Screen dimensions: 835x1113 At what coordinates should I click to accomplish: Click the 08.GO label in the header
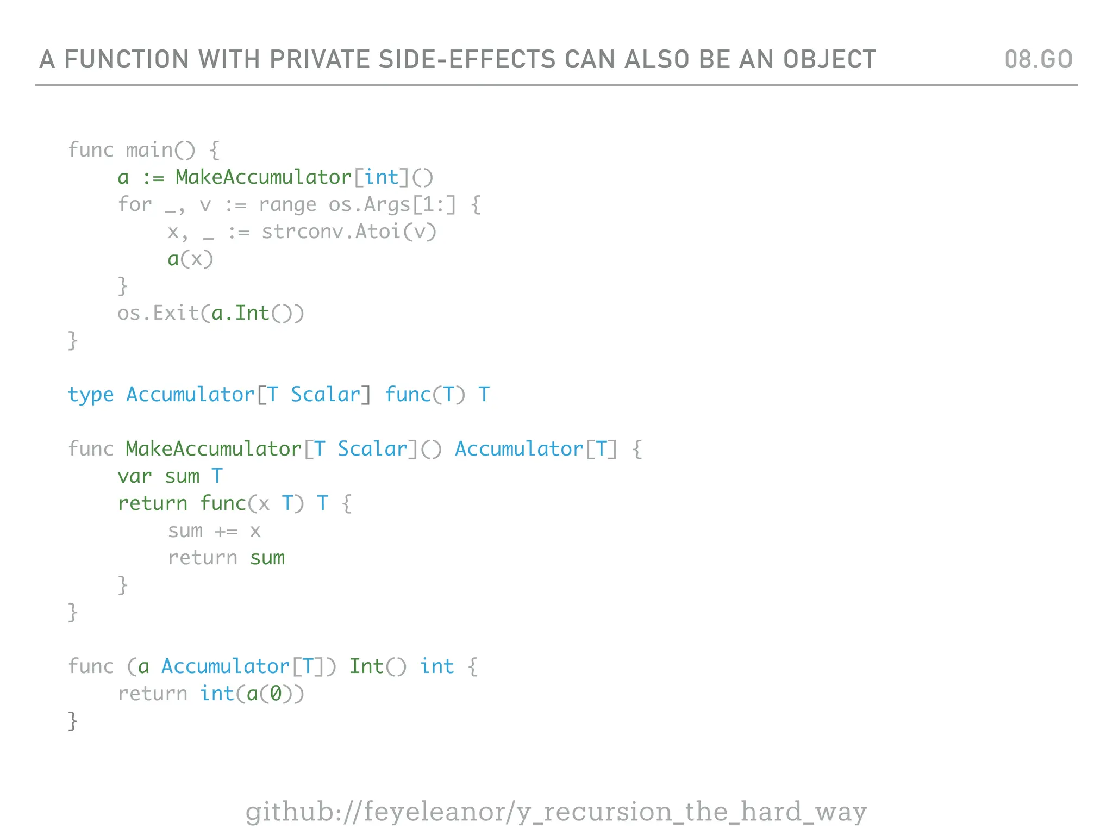click(x=1038, y=59)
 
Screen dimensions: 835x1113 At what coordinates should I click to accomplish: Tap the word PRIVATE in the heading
click(x=320, y=59)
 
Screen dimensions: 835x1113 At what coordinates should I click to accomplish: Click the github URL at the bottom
click(x=556, y=812)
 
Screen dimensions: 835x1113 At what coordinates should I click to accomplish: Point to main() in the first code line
click(x=160, y=150)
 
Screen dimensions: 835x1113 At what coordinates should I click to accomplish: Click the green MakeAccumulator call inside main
click(x=264, y=177)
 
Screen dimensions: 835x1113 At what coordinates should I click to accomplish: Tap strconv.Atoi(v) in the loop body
click(x=349, y=232)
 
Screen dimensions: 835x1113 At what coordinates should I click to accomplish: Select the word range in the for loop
click(x=287, y=204)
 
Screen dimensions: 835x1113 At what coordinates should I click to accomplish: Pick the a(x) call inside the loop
click(x=190, y=259)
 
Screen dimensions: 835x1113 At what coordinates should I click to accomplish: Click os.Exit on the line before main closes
click(x=158, y=313)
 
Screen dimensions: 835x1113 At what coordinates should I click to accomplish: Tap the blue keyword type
click(x=91, y=395)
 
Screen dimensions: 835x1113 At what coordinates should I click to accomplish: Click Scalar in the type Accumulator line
click(x=326, y=395)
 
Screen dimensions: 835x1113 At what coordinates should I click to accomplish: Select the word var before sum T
click(x=135, y=476)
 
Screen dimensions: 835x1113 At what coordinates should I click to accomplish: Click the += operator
click(x=226, y=531)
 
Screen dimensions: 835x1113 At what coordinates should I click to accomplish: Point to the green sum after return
click(x=267, y=558)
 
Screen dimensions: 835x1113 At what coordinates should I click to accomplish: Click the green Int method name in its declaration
click(x=366, y=666)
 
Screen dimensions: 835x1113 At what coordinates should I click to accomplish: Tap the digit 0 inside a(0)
click(x=276, y=694)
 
